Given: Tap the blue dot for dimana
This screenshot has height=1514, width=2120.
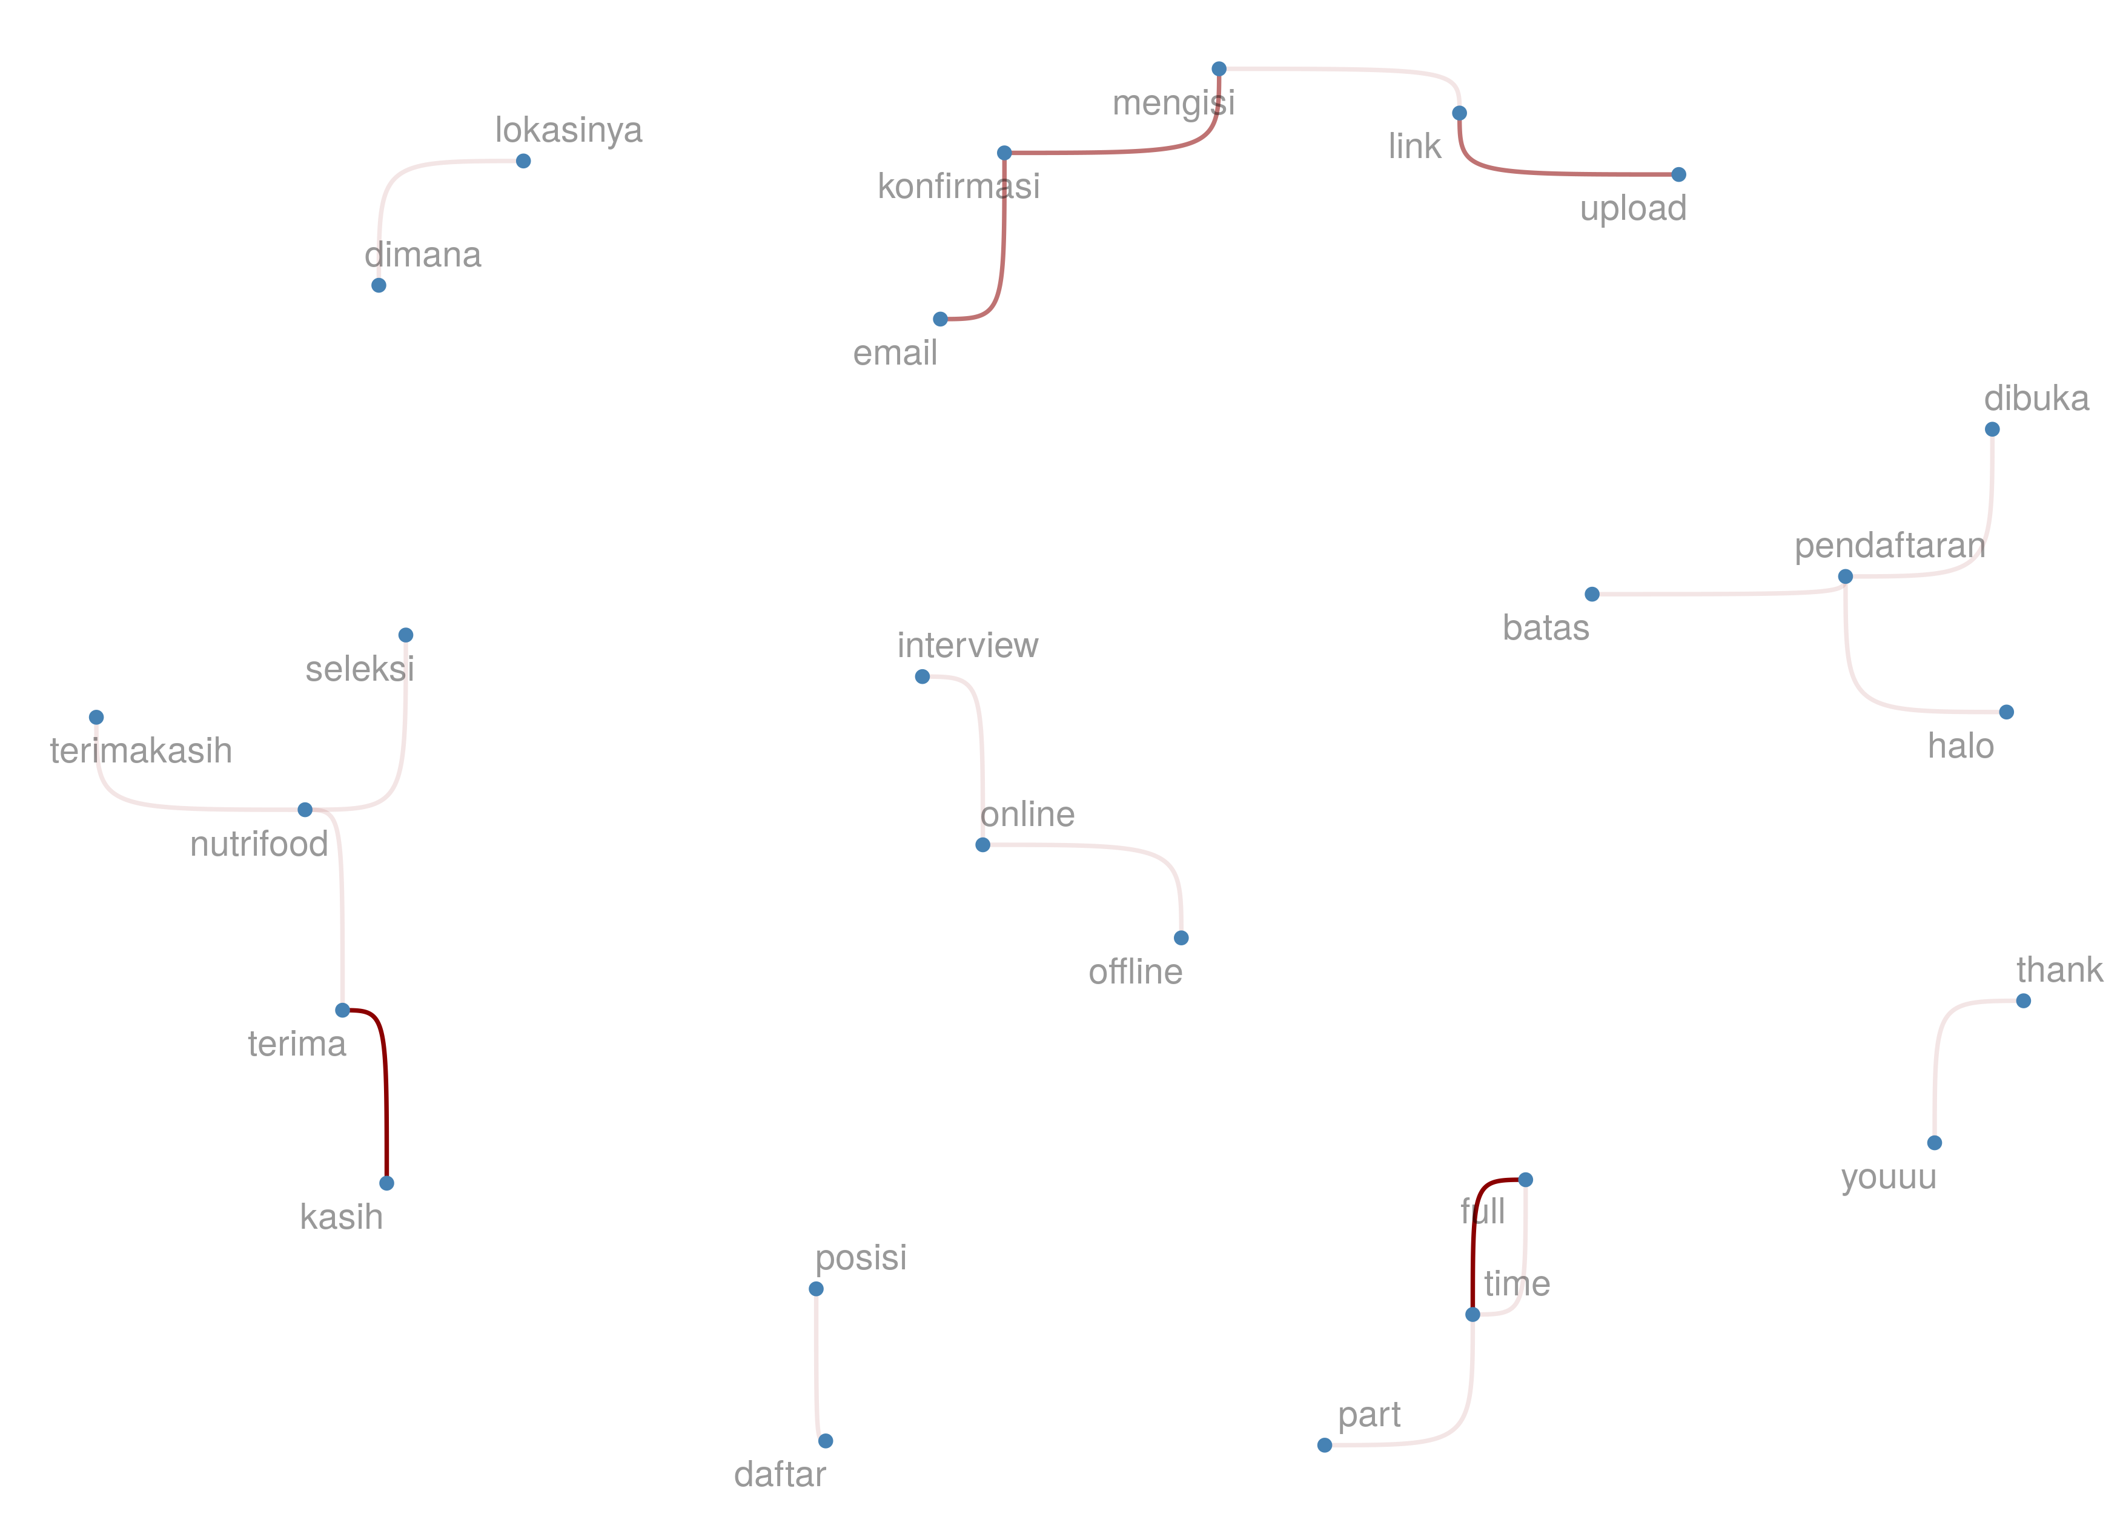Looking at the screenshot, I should [x=379, y=285].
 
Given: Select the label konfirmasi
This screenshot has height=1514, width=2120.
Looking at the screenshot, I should [x=958, y=187].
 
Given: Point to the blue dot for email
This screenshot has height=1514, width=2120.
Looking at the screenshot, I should [x=941, y=319].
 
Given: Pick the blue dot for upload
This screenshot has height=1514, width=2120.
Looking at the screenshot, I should [x=1678, y=174].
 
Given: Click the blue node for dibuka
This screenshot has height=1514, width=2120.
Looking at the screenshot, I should [x=1992, y=429].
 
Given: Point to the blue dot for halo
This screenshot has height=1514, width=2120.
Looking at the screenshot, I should [x=2006, y=712].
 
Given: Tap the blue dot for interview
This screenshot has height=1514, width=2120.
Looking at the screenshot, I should [x=922, y=677].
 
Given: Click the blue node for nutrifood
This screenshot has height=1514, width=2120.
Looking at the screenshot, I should [x=305, y=809].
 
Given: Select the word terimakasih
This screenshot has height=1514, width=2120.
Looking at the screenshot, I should [x=141, y=750].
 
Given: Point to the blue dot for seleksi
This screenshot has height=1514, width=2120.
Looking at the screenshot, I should [x=406, y=635].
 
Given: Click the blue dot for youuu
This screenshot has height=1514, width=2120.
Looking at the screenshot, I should [x=1935, y=1143].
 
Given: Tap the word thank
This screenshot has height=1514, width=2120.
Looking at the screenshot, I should [x=2058, y=971].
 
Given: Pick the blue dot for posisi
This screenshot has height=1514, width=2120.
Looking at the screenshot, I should [x=816, y=1289].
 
